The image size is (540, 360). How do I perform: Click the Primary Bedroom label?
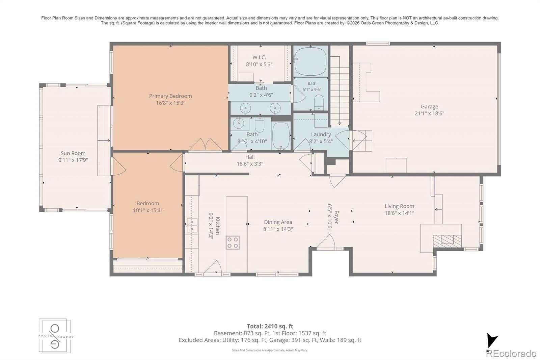click(170, 96)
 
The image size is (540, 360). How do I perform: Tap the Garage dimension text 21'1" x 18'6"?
click(429, 113)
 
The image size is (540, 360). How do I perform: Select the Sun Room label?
click(73, 153)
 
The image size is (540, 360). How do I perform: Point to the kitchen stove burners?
click(233, 242)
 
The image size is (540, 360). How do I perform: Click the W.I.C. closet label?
click(260, 57)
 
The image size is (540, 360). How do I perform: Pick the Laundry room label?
click(321, 134)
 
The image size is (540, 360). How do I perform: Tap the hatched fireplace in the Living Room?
click(447, 241)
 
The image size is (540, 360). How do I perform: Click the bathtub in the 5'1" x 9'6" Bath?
click(310, 61)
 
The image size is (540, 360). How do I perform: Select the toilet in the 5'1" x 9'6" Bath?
click(319, 103)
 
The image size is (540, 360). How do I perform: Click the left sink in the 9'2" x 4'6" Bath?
click(245, 108)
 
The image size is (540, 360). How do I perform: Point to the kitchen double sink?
click(192, 225)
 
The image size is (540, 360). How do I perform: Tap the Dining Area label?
click(278, 222)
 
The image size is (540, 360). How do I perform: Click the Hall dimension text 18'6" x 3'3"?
click(250, 164)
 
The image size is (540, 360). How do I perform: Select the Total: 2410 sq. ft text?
click(270, 326)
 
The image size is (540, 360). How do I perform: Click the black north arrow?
click(491, 340)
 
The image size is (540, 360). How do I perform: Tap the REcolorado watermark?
click(511, 354)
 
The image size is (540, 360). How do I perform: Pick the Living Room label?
click(400, 206)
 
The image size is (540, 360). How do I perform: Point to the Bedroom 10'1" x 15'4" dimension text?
click(148, 210)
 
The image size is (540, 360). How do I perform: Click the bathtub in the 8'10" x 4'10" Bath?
click(281, 136)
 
